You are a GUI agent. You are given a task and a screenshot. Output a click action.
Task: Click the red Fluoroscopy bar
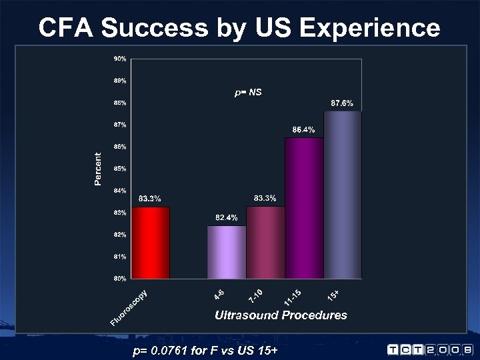[x=150, y=243]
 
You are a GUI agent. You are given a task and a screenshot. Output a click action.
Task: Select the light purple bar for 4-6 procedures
[x=227, y=252]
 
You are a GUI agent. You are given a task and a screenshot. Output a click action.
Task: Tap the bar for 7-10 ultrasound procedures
[x=265, y=243]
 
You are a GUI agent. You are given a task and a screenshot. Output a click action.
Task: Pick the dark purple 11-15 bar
[x=304, y=208]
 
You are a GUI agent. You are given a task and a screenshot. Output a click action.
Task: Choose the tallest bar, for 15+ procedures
[x=343, y=195]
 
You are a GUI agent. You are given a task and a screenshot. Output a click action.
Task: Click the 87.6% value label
[x=342, y=103]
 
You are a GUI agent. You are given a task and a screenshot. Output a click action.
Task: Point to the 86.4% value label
[x=304, y=129]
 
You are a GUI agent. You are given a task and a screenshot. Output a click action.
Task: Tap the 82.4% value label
[x=226, y=218]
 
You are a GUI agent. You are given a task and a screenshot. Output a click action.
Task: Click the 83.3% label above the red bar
[x=149, y=199]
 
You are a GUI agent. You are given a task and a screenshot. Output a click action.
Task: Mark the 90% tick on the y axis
[x=119, y=59]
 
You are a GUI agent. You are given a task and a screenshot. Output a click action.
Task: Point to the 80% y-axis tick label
[x=119, y=278]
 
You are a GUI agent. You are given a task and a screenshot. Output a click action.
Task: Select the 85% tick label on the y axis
[x=119, y=168]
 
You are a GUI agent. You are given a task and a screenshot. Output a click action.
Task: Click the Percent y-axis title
[x=99, y=169]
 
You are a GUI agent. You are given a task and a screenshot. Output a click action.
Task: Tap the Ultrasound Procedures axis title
[x=281, y=315]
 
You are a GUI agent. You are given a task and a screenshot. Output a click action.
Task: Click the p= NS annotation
[x=248, y=93]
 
